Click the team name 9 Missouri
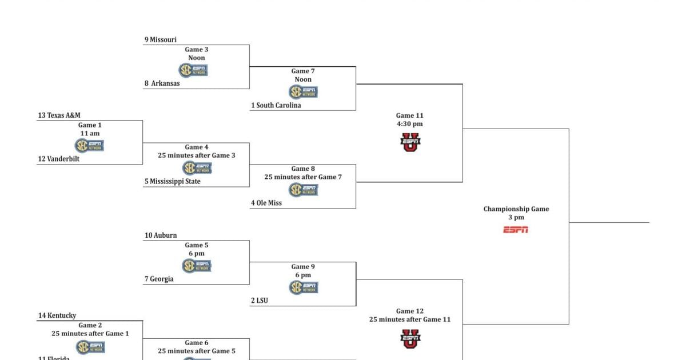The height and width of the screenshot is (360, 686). (x=161, y=39)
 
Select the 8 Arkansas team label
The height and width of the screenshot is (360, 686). (x=162, y=83)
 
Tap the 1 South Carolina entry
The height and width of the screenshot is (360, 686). (x=276, y=105)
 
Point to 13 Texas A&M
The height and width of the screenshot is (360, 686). (x=59, y=115)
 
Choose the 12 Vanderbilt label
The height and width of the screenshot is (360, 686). (x=59, y=159)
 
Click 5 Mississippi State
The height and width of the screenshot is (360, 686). (x=173, y=182)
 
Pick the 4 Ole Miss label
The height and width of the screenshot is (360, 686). (x=266, y=203)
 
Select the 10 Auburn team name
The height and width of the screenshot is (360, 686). (x=161, y=235)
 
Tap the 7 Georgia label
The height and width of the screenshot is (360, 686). (x=159, y=279)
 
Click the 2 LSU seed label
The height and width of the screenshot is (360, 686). (x=260, y=301)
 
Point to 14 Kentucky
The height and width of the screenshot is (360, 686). (x=57, y=315)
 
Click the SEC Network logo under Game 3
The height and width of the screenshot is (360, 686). (x=193, y=70)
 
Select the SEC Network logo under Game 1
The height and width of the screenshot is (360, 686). (x=90, y=146)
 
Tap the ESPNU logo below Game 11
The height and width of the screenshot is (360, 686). (x=410, y=142)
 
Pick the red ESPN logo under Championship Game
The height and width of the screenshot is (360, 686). (x=516, y=230)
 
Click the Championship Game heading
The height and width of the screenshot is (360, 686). (x=516, y=209)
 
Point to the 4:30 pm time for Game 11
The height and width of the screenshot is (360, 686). (x=409, y=124)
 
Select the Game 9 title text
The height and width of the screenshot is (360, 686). (x=303, y=267)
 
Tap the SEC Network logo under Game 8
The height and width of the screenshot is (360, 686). (x=303, y=190)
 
